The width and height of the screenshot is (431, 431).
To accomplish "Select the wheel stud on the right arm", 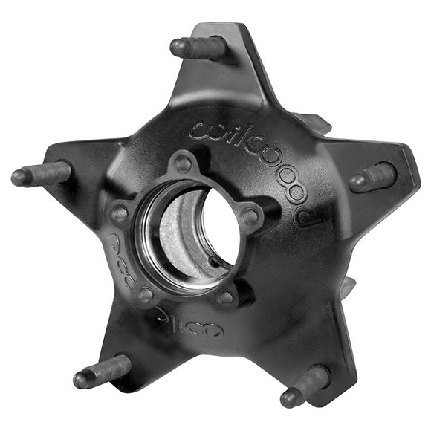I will [x=373, y=178].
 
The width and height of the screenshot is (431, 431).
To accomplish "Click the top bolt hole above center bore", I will [x=183, y=164].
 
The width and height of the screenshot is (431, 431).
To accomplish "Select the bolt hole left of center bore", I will [x=119, y=214].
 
